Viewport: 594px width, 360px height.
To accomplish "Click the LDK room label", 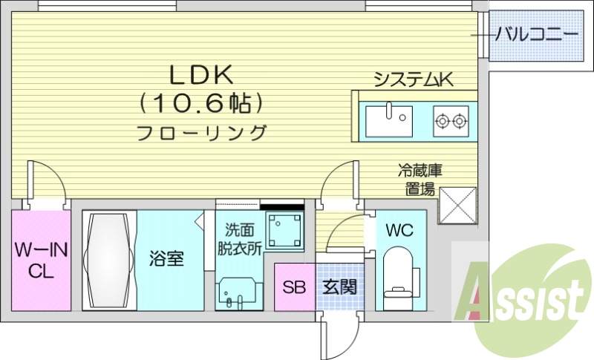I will pos(202,74).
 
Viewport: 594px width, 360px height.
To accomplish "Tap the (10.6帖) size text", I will pos(202,103).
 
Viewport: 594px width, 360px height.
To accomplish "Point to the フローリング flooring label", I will pos(202,134).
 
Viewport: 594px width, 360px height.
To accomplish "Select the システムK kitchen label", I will pos(413,79).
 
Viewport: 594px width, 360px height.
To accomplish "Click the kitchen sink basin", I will pos(388,120).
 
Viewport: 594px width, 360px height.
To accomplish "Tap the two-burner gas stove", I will pos(451,119).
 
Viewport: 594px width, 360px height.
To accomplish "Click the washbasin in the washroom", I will pos(238,293).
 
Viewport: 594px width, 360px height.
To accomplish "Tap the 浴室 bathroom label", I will pos(166,259).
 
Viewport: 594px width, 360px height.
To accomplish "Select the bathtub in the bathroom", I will pos(109,259).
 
